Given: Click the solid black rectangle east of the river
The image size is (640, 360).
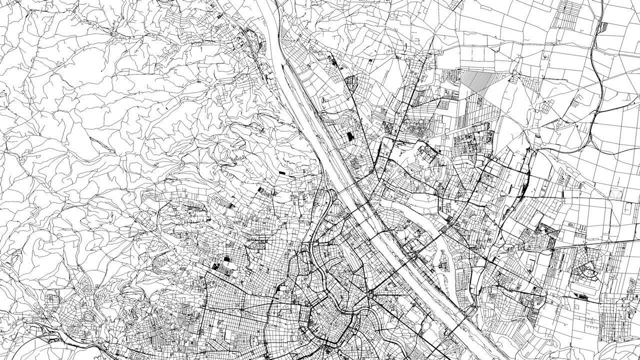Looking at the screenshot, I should [350, 136].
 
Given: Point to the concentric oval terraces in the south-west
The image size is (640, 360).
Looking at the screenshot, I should [90, 317].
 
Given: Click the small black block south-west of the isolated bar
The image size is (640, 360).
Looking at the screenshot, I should [262, 189].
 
